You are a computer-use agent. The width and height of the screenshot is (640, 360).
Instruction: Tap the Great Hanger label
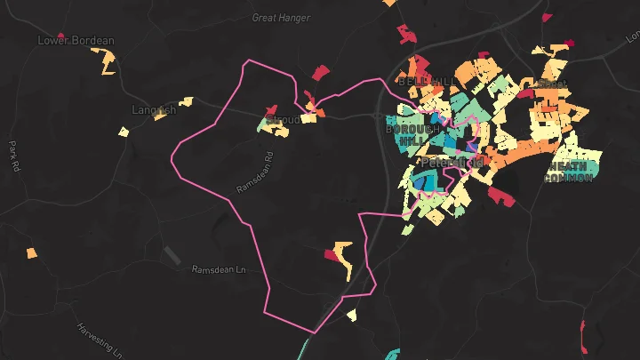[x=280, y=18]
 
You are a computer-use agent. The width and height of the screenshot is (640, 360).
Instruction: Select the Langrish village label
[x=154, y=110]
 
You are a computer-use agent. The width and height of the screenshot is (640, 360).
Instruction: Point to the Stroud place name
[x=284, y=118]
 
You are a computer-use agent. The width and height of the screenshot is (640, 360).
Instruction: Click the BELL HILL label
[x=428, y=82]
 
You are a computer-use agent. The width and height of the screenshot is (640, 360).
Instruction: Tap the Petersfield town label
[x=452, y=163]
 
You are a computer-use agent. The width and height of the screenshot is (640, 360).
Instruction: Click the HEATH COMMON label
[x=569, y=172]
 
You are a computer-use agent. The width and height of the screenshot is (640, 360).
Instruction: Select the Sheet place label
[x=551, y=84]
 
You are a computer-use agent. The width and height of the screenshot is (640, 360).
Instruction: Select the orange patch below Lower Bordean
[x=105, y=61]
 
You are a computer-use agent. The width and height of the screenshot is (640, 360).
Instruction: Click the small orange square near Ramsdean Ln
[x=32, y=253]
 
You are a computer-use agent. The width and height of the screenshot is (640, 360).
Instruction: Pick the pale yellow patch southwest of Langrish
[x=124, y=132]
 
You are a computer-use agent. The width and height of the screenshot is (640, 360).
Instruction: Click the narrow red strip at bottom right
[x=583, y=336]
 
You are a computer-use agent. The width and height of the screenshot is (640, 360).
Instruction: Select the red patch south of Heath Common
[x=500, y=196]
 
